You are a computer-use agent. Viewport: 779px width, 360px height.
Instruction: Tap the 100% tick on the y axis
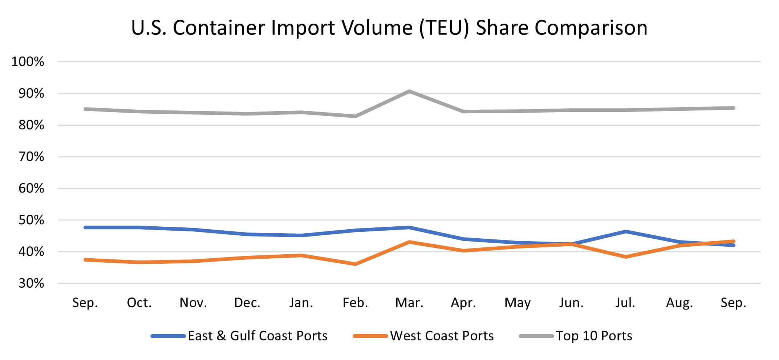pyautogui.click(x=28, y=62)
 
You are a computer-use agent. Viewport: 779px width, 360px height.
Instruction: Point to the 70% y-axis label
pyautogui.click(x=31, y=157)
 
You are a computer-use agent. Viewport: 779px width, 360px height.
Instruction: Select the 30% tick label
pyautogui.click(x=31, y=283)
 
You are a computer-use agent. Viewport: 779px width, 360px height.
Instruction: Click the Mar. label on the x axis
pyautogui.click(x=409, y=303)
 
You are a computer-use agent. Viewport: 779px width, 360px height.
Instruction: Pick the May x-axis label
pyautogui.click(x=518, y=303)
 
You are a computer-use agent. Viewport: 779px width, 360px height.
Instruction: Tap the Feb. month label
pyautogui.click(x=355, y=303)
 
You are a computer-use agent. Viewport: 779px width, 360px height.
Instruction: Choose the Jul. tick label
pyautogui.click(x=625, y=303)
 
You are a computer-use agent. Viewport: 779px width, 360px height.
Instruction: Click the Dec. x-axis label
pyautogui.click(x=247, y=303)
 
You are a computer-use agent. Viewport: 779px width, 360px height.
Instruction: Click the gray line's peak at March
pyautogui.click(x=409, y=91)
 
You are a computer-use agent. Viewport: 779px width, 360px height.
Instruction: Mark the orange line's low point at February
pyautogui.click(x=355, y=264)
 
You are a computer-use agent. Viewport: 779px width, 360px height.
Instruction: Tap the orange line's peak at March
pyautogui.click(x=409, y=242)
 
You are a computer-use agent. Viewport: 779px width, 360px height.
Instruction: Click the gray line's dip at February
pyautogui.click(x=355, y=116)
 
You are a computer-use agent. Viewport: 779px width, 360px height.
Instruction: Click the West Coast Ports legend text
pyautogui.click(x=442, y=336)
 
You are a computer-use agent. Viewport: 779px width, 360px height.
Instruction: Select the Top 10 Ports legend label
pyautogui.click(x=594, y=336)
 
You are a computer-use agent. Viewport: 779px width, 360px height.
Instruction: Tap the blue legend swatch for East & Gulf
pyautogui.click(x=168, y=336)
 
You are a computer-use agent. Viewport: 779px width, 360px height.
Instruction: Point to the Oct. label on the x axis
pyautogui.click(x=139, y=303)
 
